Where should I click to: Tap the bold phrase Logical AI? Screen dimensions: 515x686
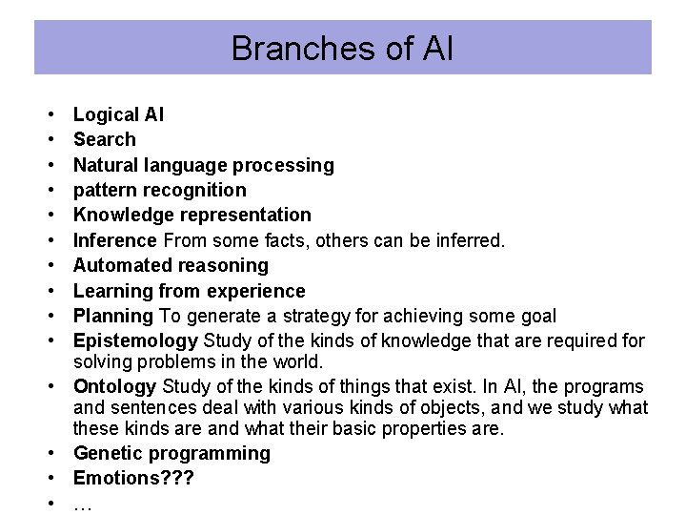click(x=118, y=114)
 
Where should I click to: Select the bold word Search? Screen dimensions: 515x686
click(x=104, y=139)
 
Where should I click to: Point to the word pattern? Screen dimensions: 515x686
click(x=105, y=190)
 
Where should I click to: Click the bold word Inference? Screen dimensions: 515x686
click(x=114, y=240)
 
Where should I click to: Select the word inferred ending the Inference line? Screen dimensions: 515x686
click(x=470, y=240)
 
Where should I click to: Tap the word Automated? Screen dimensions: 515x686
click(x=120, y=265)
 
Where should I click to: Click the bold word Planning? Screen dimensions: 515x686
click(x=112, y=316)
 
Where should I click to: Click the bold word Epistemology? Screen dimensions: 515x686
click(x=134, y=340)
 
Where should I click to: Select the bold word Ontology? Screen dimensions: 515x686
click(x=114, y=386)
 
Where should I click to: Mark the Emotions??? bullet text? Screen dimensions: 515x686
click(x=133, y=478)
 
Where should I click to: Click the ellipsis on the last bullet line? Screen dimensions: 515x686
click(x=82, y=505)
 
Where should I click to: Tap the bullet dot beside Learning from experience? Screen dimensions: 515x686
click(x=48, y=291)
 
